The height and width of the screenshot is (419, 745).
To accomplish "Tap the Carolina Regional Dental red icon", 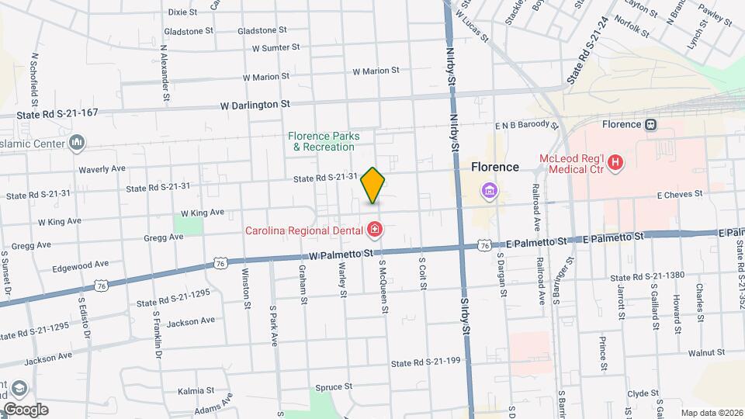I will click(x=375, y=229).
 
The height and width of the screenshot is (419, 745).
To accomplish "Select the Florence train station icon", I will click(x=651, y=124).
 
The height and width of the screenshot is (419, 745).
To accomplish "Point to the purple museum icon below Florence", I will click(x=489, y=190).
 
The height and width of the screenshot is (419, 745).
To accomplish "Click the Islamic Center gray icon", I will click(x=77, y=142).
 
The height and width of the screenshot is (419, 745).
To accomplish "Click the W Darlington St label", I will click(x=255, y=104).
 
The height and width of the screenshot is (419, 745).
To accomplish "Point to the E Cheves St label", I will click(x=679, y=194).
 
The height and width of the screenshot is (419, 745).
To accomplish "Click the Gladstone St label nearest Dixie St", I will click(x=189, y=31).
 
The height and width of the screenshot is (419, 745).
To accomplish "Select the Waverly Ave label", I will click(x=102, y=168).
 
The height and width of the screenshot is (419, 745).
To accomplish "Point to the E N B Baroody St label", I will click(x=527, y=124).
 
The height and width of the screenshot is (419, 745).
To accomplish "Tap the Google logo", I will click(x=26, y=409).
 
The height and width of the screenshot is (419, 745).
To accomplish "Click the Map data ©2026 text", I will click(x=710, y=413).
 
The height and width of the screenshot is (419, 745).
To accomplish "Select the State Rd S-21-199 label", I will click(x=426, y=362).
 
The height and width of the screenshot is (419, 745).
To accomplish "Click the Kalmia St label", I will click(x=195, y=390).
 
